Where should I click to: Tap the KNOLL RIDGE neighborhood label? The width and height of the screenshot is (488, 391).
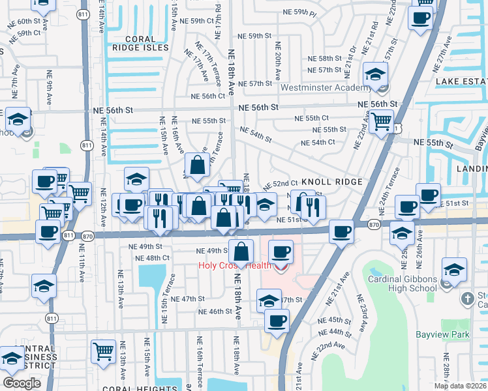pyautogui.click(x=328, y=183)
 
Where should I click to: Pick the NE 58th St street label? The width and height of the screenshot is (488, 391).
pyautogui.click(x=326, y=58)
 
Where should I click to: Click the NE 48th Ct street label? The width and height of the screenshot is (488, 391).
pyautogui.click(x=152, y=257)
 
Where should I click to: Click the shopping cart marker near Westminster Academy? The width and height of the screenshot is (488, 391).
pyautogui.click(x=381, y=119)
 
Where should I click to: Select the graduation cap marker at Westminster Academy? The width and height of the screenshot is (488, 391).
pyautogui.click(x=376, y=74)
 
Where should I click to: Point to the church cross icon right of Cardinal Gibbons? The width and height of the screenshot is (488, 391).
pyautogui.click(x=467, y=298)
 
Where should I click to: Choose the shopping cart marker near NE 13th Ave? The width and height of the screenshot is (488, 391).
pyautogui.click(x=104, y=351)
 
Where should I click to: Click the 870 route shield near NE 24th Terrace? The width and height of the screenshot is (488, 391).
pyautogui.click(x=374, y=224)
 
